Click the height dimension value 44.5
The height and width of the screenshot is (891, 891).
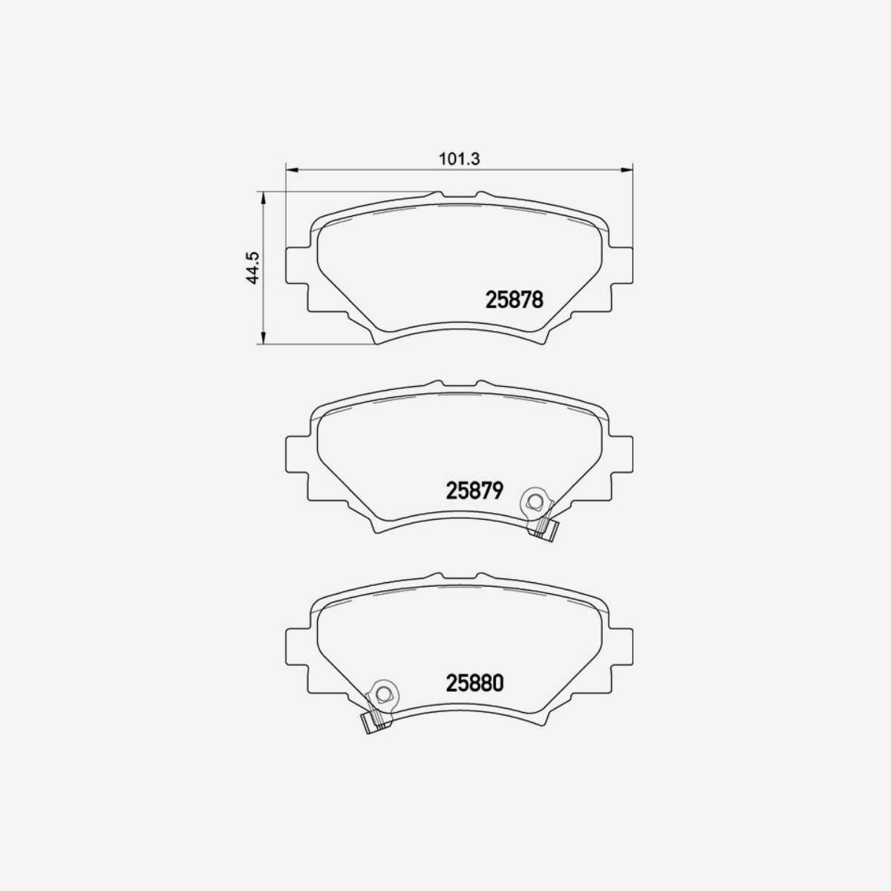[x=252, y=268]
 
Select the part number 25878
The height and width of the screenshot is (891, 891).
[x=515, y=299]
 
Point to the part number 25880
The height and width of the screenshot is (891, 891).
[x=475, y=682]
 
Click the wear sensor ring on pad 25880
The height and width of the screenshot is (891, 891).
[x=383, y=694]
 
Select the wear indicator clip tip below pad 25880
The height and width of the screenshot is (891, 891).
[x=369, y=722]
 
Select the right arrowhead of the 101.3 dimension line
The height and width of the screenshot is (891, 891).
[x=628, y=171]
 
